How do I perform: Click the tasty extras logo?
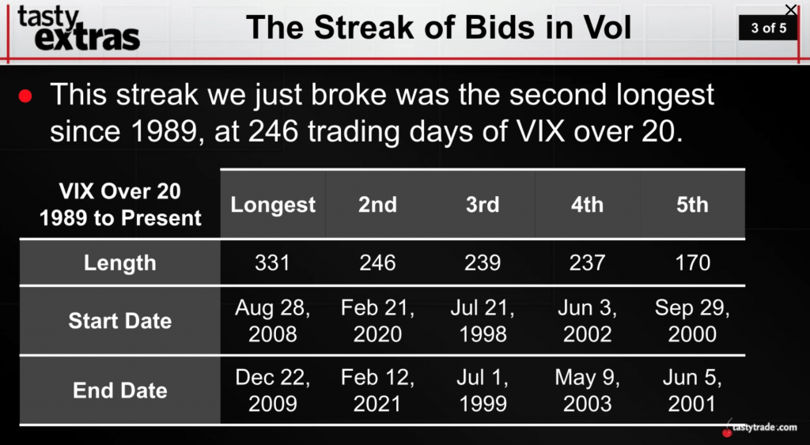(78, 28)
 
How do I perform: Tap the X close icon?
(791, 9)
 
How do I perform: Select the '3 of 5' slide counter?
(768, 28)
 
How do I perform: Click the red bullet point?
(25, 96)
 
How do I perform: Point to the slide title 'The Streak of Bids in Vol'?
(438, 28)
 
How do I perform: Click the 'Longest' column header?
(273, 205)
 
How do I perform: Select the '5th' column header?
(692, 205)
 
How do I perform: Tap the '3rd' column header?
(483, 205)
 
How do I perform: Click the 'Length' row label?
(120, 262)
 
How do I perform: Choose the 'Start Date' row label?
(120, 321)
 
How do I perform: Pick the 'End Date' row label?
(120, 390)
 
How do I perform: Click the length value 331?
(272, 262)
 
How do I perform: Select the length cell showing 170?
(692, 262)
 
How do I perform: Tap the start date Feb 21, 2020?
(377, 321)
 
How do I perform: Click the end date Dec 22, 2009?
(272, 390)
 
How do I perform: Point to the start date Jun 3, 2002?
(588, 321)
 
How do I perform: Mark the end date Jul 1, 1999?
(483, 390)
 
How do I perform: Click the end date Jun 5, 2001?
(692, 390)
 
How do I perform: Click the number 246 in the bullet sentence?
(273, 132)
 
